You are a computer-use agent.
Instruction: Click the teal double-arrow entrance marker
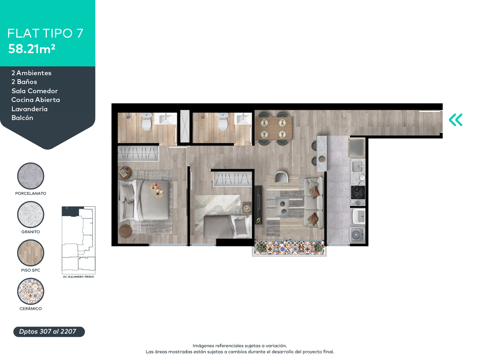pyautogui.click(x=456, y=120)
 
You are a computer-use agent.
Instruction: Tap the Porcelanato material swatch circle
pyautogui.click(x=31, y=176)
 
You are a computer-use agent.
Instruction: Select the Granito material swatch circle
pyautogui.click(x=31, y=214)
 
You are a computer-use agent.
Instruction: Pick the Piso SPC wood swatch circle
pyautogui.click(x=31, y=253)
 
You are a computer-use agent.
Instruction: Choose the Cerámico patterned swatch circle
pyautogui.click(x=31, y=291)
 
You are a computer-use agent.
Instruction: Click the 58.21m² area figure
pyautogui.click(x=32, y=49)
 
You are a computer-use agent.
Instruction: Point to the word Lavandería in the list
pyautogui.click(x=30, y=109)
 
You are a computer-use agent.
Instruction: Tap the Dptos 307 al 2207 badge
pyautogui.click(x=49, y=332)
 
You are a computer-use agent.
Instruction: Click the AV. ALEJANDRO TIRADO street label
pyautogui.click(x=78, y=277)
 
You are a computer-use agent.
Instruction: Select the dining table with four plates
pyautogui.click(x=274, y=128)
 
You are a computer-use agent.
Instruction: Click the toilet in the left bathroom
pyautogui.click(x=146, y=122)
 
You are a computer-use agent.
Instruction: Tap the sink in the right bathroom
pyautogui.click(x=243, y=119)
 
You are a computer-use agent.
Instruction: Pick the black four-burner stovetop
pyautogui.click(x=358, y=192)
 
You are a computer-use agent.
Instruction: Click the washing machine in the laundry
pyautogui.click(x=357, y=235)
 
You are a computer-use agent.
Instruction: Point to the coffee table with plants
pyautogui.click(x=282, y=207)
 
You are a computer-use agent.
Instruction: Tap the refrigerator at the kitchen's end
pyautogui.click(x=357, y=148)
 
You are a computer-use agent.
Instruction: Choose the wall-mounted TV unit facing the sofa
pyautogui.click(x=258, y=205)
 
